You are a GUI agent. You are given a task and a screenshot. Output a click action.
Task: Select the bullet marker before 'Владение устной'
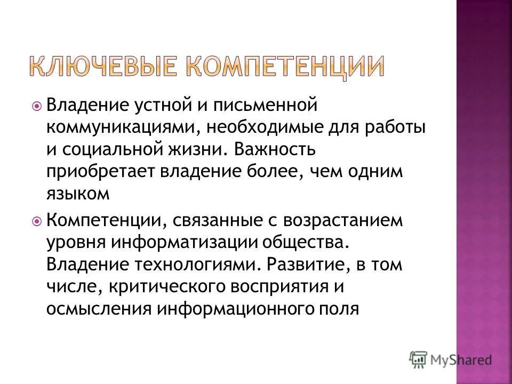point(36,107)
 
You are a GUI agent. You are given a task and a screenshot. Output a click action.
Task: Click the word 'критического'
point(167,286)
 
